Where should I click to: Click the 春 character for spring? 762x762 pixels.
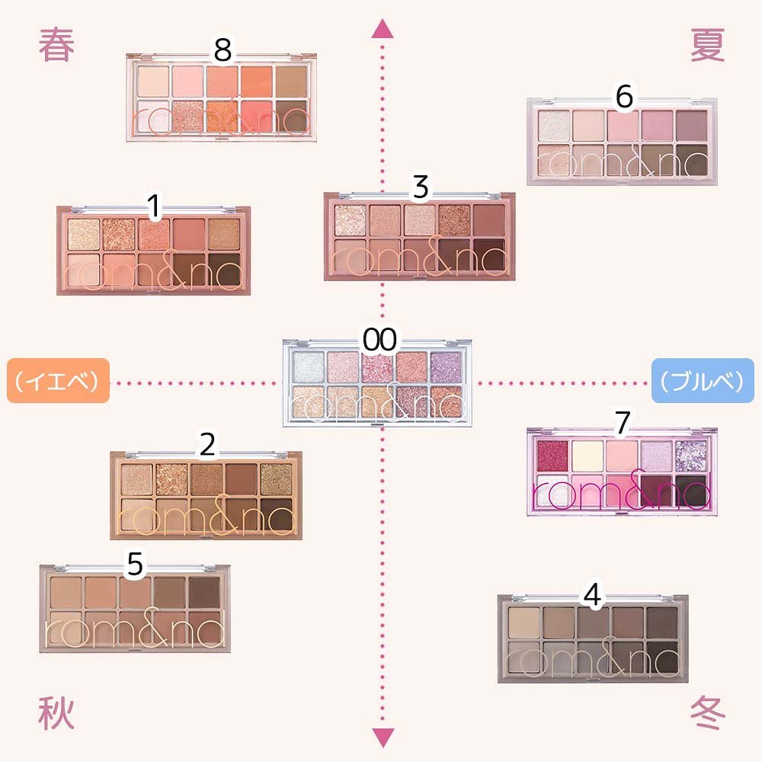point(57,46)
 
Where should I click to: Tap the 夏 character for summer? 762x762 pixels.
point(708,46)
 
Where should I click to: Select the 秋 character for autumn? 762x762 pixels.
point(57,715)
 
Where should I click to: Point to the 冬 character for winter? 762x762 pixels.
point(708,715)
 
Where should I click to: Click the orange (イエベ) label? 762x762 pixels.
point(58,381)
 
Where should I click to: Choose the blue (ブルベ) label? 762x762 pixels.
point(703,381)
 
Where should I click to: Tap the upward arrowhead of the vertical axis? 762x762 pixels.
point(381,29)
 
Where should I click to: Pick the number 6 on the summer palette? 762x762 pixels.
point(624,96)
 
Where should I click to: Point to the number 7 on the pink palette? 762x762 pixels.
point(623,424)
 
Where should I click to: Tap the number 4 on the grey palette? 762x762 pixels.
point(591,594)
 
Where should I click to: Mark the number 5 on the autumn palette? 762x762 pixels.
point(135,565)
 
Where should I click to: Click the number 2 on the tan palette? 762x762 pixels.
point(207,445)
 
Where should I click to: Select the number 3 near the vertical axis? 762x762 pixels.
point(420,187)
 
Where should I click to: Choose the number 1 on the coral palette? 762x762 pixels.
point(154,205)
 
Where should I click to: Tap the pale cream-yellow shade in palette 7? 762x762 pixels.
point(588,454)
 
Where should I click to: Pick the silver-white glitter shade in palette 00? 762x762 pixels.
point(308,363)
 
